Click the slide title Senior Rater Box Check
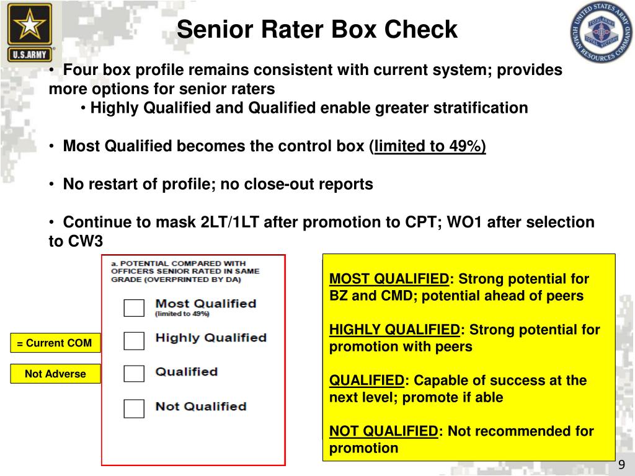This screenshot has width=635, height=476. pos(317,29)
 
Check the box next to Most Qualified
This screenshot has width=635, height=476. pos(134,307)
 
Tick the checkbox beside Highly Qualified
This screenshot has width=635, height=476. pos(134,340)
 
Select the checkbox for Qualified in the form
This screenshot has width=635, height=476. pos(134,374)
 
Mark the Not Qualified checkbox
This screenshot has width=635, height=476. pos(134,408)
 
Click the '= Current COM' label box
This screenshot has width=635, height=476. pos(55,343)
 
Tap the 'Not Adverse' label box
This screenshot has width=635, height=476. pos(55,374)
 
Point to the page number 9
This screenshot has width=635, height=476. pos(621,466)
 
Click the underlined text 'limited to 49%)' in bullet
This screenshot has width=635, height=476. pos(430,146)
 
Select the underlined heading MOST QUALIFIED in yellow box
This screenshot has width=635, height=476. pos(389,279)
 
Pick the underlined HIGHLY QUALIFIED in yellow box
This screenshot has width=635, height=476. pos(394,330)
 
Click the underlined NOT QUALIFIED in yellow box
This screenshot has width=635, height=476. pos(383,431)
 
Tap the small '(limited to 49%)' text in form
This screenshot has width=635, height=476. pos(182,314)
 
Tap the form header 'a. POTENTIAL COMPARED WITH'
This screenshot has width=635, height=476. pos(178,263)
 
